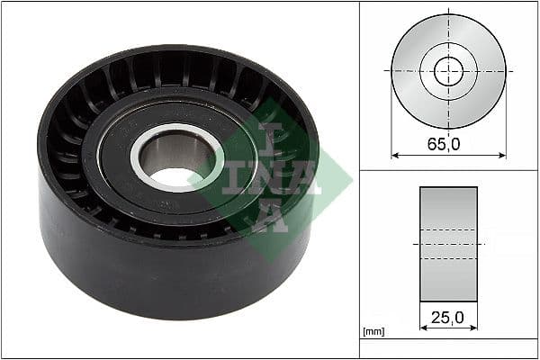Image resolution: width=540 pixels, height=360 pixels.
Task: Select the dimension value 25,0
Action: [x=447, y=317]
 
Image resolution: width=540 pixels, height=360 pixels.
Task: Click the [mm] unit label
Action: [x=372, y=332]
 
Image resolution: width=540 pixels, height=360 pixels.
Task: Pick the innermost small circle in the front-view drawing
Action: [x=448, y=71]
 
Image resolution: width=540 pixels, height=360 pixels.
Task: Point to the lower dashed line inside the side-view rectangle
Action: [x=448, y=259]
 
